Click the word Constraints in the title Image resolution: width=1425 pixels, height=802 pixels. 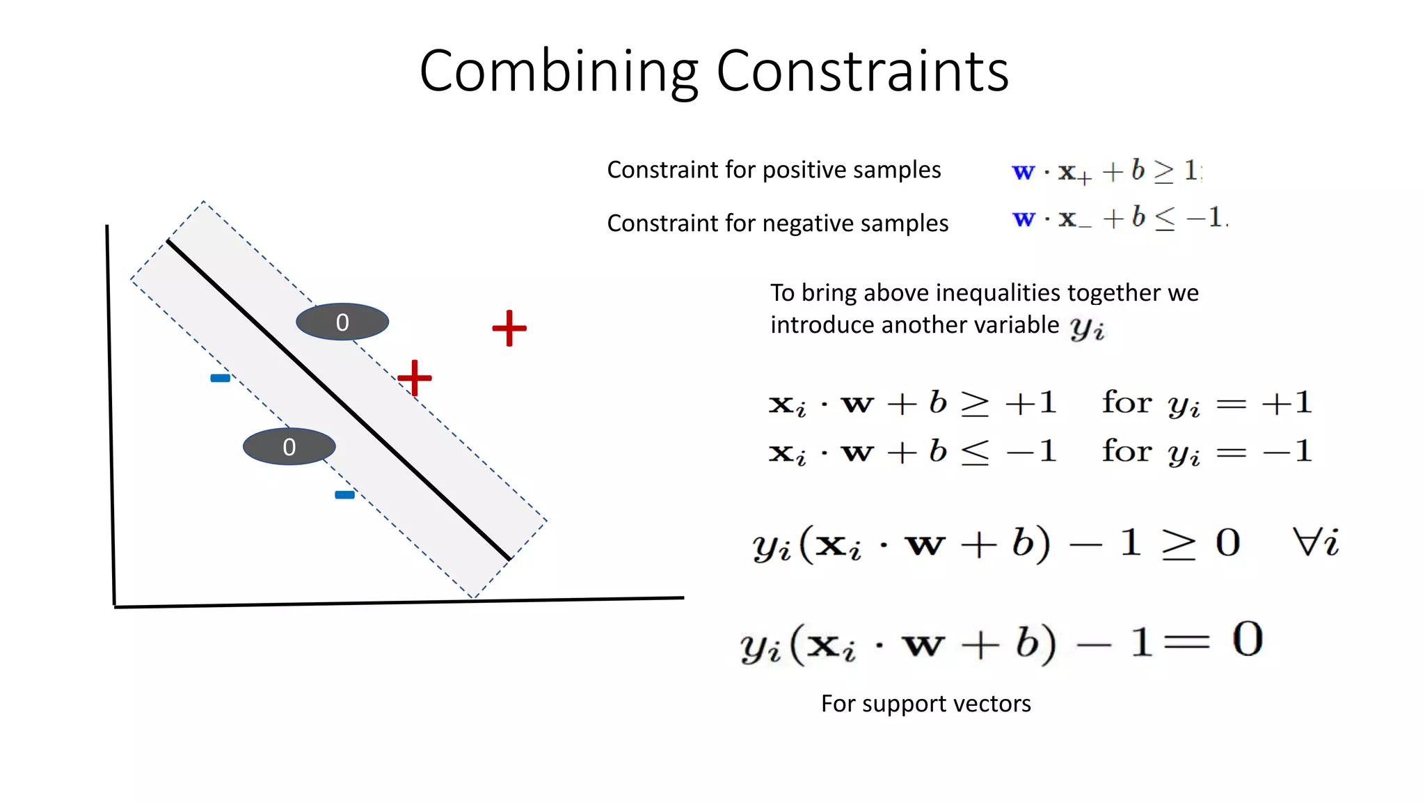862,72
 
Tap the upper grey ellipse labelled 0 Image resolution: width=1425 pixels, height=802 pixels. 342,322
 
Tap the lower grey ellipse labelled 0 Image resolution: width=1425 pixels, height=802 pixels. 289,446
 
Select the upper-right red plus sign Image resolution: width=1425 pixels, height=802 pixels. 509,328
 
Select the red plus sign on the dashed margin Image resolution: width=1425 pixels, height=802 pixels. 415,378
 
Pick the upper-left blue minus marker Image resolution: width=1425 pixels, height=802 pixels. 220,378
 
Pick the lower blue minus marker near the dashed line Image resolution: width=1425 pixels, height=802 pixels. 344,495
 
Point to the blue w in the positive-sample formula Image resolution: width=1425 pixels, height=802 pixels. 1023,171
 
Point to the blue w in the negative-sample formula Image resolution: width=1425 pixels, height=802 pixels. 1023,219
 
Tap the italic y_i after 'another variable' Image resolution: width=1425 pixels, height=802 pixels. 1087,327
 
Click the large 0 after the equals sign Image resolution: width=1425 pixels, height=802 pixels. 1247,639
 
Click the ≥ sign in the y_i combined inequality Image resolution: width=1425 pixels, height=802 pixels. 1178,544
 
